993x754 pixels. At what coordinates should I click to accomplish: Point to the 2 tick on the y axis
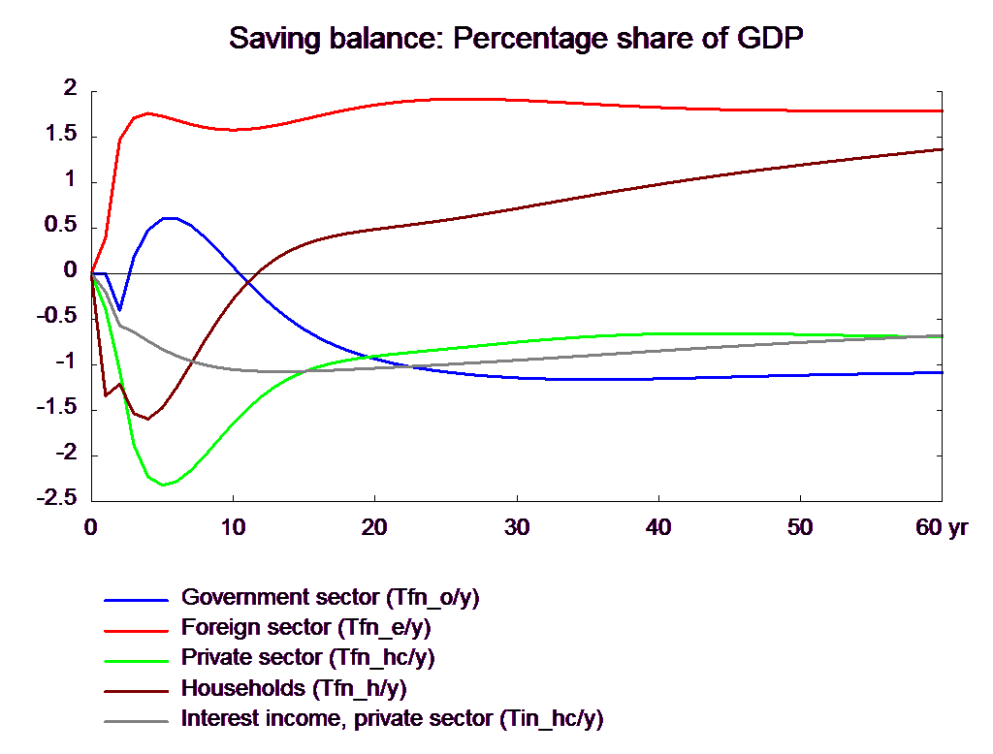(x=69, y=87)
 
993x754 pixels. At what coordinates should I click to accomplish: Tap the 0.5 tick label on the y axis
(x=62, y=224)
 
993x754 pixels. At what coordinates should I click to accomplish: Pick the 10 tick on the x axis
(x=233, y=527)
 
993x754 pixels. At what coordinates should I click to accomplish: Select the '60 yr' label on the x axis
(x=940, y=527)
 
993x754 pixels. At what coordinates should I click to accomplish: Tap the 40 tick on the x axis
(x=658, y=527)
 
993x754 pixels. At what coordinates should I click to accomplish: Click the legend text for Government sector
(x=330, y=596)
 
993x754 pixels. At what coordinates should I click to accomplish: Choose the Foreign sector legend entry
(x=305, y=627)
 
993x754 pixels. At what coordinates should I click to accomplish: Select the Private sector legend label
(x=308, y=658)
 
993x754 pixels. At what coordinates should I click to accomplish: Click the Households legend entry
(x=293, y=689)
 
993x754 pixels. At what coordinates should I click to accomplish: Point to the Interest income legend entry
(x=392, y=720)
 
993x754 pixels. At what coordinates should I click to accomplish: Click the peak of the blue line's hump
(x=170, y=217)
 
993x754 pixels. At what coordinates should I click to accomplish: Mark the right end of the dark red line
(x=943, y=149)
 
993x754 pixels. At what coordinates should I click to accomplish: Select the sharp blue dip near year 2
(x=120, y=308)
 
